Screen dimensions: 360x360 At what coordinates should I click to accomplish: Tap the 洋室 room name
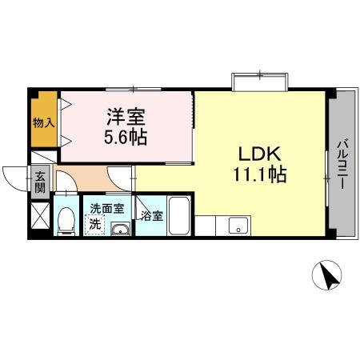point(125,115)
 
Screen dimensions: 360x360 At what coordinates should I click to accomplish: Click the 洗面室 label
point(106,208)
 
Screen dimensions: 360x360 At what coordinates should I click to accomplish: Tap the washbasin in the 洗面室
point(120,230)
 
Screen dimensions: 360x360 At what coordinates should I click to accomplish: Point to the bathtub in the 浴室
point(178,216)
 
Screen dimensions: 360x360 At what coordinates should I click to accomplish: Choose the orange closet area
point(45,120)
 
